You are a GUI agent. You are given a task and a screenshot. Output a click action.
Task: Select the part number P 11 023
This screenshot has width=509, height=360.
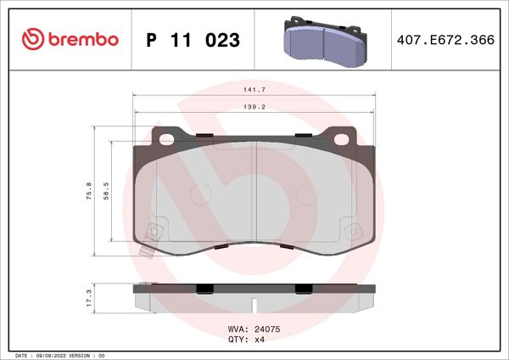[193, 40]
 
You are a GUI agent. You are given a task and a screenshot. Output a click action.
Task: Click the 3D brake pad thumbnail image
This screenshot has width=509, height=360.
[324, 39]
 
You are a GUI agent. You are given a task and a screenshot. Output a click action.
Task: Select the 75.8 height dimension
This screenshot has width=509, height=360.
[89, 192]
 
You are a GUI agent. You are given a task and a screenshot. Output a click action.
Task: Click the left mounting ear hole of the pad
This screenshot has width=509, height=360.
[166, 138]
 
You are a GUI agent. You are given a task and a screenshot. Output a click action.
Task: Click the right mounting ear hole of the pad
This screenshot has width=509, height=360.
[343, 138]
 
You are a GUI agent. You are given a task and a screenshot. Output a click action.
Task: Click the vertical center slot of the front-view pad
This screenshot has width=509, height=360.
[256, 191]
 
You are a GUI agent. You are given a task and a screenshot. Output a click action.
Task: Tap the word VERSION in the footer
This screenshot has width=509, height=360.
[89, 355]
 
